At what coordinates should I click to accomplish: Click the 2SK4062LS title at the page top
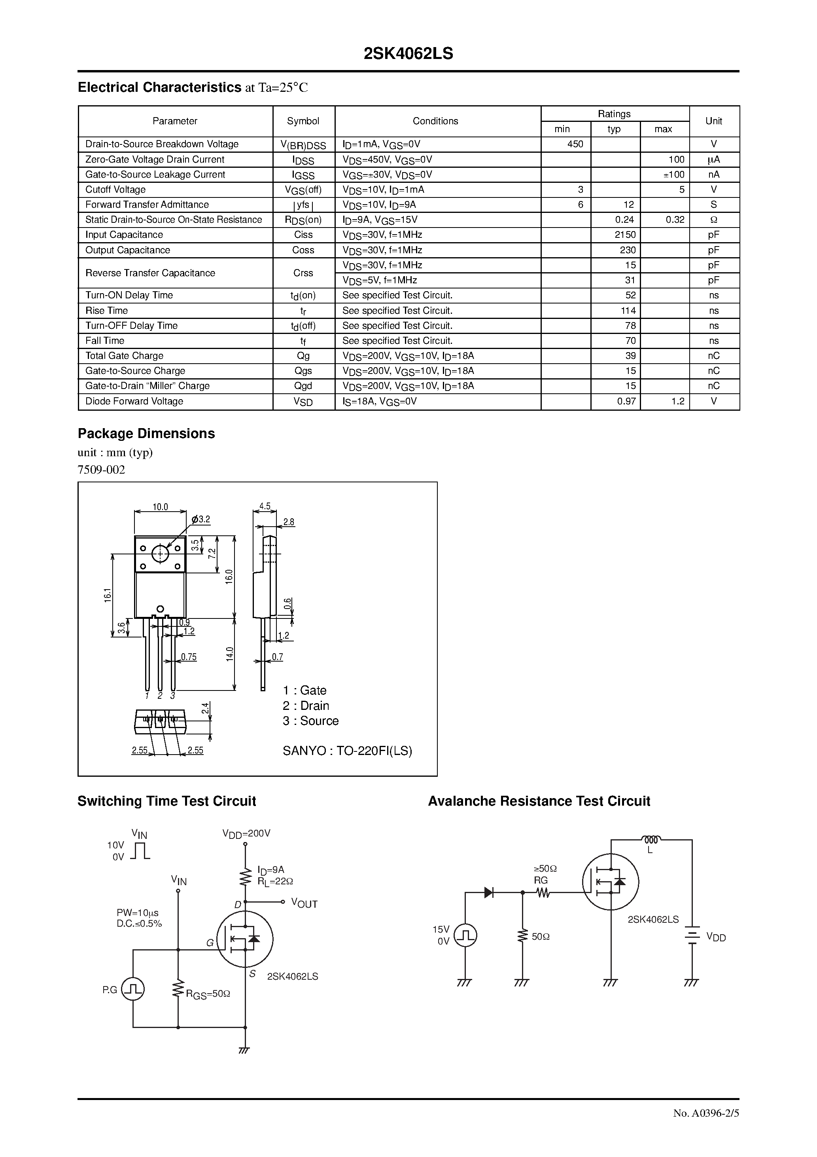[x=408, y=54]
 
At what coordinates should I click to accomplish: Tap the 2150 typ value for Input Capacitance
[x=625, y=235]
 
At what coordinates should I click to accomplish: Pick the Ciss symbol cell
[x=303, y=235]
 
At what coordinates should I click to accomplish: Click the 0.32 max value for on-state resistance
[x=675, y=220]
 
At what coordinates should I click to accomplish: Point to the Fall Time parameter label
[x=105, y=341]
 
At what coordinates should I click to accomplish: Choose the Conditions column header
[x=435, y=121]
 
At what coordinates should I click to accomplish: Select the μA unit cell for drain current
[x=713, y=159]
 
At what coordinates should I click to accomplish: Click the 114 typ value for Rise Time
[x=628, y=310]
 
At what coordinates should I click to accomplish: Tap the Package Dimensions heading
[x=146, y=433]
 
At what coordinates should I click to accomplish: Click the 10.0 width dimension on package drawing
[x=160, y=507]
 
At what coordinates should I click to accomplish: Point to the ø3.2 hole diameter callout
[x=200, y=519]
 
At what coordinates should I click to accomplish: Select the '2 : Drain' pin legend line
[x=306, y=706]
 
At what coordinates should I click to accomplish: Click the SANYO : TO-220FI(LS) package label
[x=347, y=751]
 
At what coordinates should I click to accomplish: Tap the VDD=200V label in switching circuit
[x=246, y=833]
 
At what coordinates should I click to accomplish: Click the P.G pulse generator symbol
[x=134, y=989]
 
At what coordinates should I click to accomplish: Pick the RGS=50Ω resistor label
[x=208, y=994]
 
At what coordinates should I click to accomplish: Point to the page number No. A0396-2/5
[x=706, y=1128]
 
